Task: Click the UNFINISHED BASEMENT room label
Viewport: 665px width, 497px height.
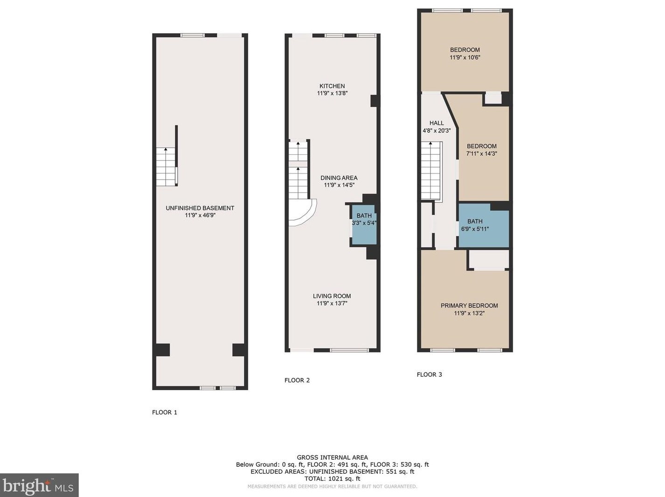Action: tap(200, 208)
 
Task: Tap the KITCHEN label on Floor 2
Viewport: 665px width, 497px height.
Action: tap(332, 86)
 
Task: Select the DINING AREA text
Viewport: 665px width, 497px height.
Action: tap(339, 178)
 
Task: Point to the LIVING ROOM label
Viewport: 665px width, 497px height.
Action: tap(332, 296)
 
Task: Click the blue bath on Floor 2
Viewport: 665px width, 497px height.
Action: tap(364, 224)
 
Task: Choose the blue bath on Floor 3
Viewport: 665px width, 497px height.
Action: tap(483, 226)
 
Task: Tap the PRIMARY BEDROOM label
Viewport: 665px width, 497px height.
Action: tap(469, 305)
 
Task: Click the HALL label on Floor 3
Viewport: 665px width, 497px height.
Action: tap(436, 123)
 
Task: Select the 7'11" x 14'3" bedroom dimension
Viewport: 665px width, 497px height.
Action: tap(481, 153)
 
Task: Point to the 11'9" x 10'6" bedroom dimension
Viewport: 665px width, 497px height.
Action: tap(465, 57)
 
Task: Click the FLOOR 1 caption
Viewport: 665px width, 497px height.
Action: tap(165, 412)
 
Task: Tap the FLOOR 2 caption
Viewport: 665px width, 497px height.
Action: tap(297, 380)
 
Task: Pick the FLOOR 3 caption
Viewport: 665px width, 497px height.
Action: tap(429, 374)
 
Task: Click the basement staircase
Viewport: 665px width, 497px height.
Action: tap(166, 166)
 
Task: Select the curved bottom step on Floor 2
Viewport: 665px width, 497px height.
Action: tap(303, 212)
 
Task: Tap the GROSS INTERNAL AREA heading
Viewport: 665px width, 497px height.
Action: tap(332, 458)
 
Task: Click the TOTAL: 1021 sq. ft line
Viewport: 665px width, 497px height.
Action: tap(332, 479)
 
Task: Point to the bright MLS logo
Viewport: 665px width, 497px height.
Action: tap(39, 485)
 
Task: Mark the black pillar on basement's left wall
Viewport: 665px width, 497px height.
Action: tap(162, 350)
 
